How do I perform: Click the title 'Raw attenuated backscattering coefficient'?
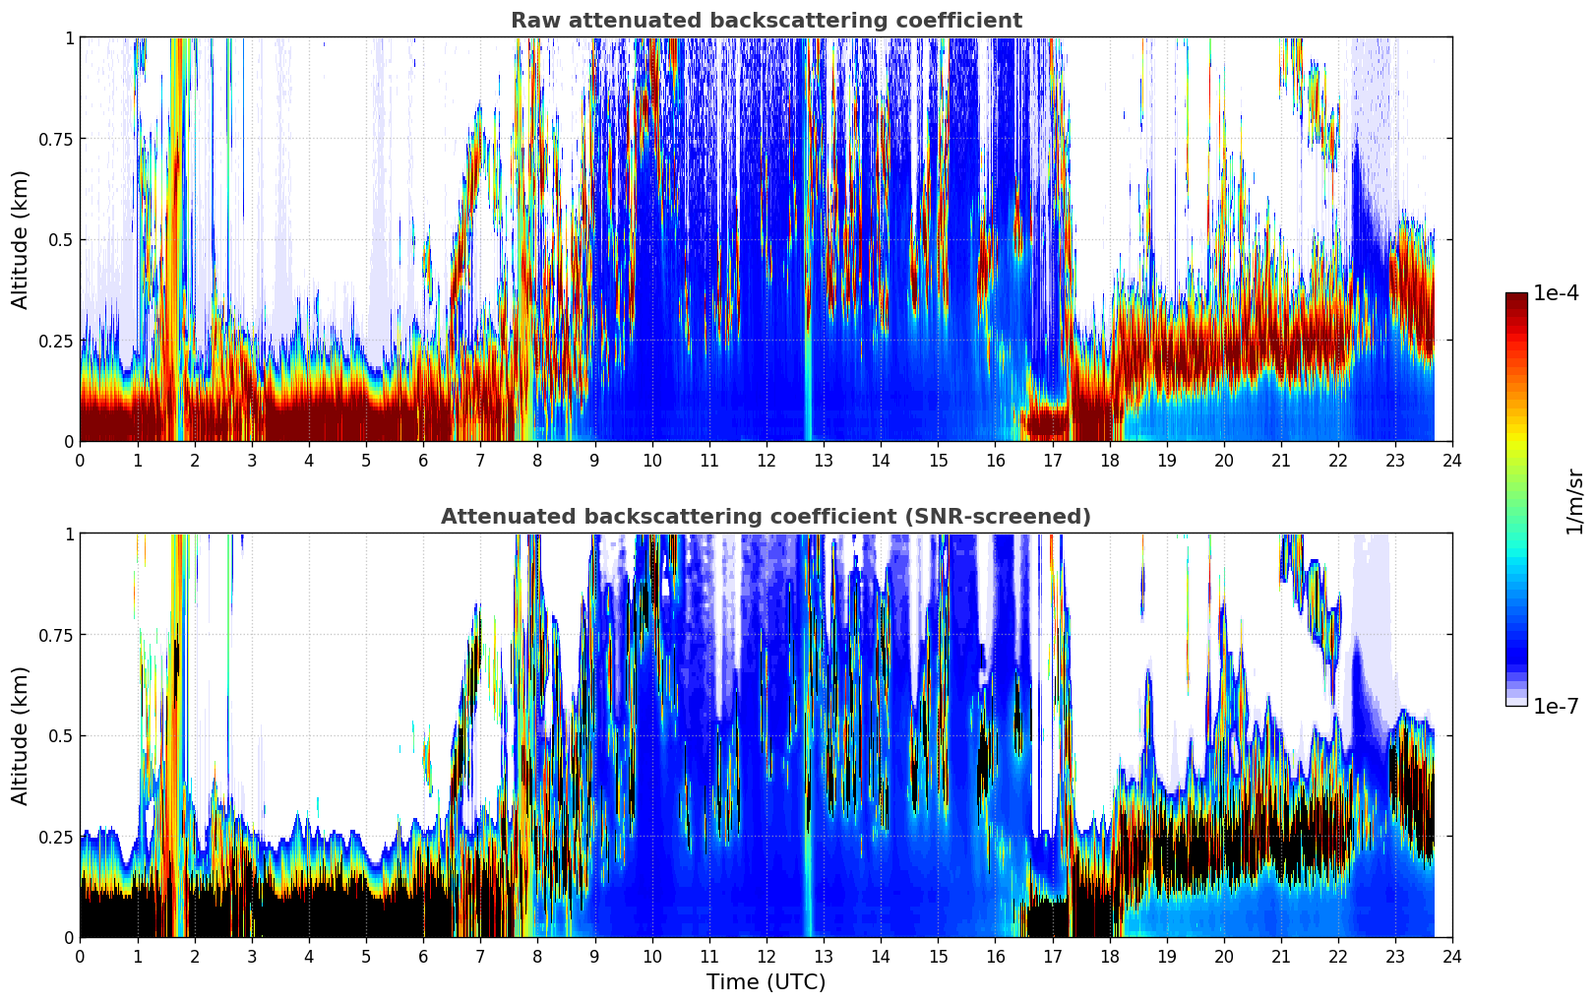tap(766, 21)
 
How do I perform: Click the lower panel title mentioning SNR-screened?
tap(766, 517)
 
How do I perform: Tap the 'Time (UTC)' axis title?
tap(766, 982)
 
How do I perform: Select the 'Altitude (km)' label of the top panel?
tap(21, 239)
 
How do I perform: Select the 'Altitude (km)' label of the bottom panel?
tap(21, 735)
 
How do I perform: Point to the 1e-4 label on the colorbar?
tap(1556, 293)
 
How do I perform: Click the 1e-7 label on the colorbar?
tap(1556, 706)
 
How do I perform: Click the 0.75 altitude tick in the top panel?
tap(56, 139)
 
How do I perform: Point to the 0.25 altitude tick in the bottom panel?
tap(56, 837)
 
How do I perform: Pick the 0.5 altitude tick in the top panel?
tap(61, 240)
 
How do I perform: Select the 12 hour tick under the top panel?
tap(766, 460)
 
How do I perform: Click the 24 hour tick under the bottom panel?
tap(1451, 956)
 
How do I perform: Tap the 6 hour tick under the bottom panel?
tap(423, 956)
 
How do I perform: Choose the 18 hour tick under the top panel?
tap(1109, 460)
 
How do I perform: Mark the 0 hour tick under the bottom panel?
tap(80, 956)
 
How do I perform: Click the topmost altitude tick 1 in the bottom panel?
tap(69, 534)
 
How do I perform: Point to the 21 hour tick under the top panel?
tap(1280, 460)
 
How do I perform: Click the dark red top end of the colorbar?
tap(1515, 297)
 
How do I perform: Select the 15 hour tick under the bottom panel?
tap(938, 956)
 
